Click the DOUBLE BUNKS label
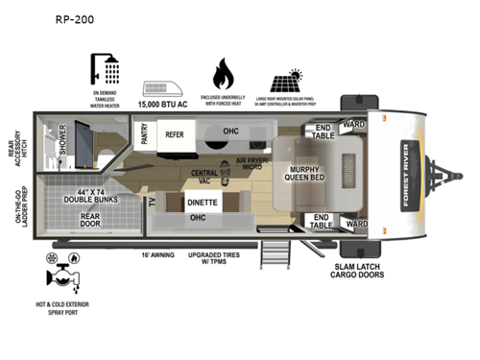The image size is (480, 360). pos(94,193)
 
